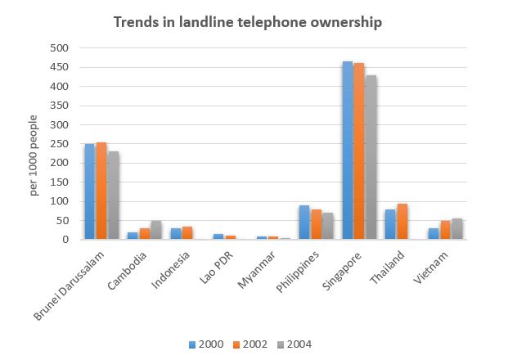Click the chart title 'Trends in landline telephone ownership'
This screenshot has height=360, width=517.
coord(247,23)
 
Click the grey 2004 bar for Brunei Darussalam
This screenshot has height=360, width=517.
coord(112,196)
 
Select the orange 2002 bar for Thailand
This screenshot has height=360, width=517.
coord(402,222)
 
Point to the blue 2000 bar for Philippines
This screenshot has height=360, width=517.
coord(304,223)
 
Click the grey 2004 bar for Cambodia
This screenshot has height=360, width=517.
coord(155,230)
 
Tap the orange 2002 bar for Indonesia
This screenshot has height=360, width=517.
coord(187,233)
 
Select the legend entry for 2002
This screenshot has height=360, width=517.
coord(254,344)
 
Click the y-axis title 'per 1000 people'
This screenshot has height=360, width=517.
coord(34,160)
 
